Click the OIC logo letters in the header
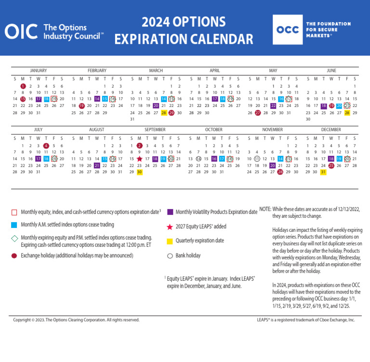[x=21, y=32]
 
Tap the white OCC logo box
[x=288, y=29]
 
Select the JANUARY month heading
[x=38, y=70]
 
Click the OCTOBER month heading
[x=213, y=130]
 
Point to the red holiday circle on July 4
[x=46, y=146]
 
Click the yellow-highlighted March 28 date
[x=164, y=113]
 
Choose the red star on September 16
[x=140, y=159]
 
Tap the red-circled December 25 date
[x=331, y=165]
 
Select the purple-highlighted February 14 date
[x=97, y=99]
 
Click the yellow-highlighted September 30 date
[x=139, y=172]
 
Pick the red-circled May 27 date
[x=258, y=113]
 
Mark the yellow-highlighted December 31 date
[x=323, y=172]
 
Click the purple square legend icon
[x=170, y=212]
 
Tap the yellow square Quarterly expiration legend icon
[x=170, y=241]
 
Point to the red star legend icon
[x=170, y=227]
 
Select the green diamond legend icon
[x=14, y=238]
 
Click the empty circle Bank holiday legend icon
[x=170, y=256]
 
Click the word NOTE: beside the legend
[x=265, y=209]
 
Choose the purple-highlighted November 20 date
[x=273, y=165]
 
